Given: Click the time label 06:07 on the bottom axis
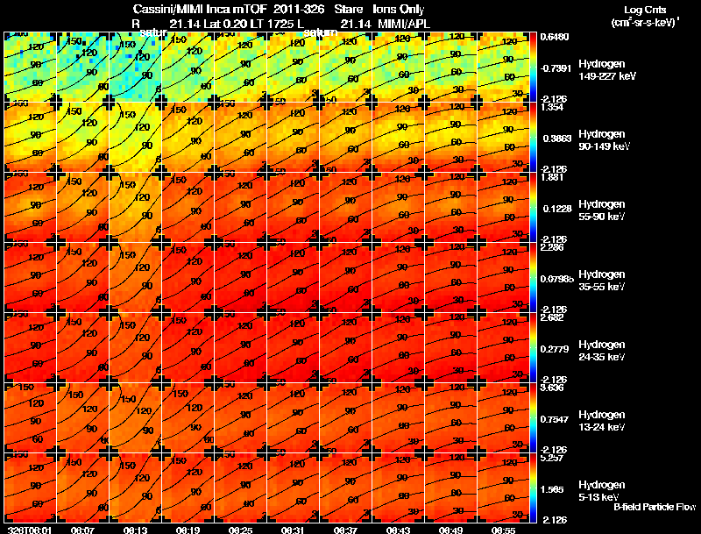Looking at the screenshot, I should pyautogui.click(x=82, y=530).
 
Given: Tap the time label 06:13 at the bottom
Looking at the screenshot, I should pyautogui.click(x=135, y=530).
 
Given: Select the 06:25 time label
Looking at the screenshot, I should pyautogui.click(x=240, y=530).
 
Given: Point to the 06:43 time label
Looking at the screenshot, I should pyautogui.click(x=398, y=530).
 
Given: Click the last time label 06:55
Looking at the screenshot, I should pyautogui.click(x=503, y=530).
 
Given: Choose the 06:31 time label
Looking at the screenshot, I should pyautogui.click(x=293, y=530).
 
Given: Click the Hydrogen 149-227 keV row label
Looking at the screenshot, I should pyautogui.click(x=601, y=70).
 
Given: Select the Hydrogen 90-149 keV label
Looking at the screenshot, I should pyautogui.click(x=601, y=140).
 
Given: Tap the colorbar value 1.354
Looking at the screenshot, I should pyautogui.click(x=552, y=107).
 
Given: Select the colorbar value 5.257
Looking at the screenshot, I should pyautogui.click(x=552, y=458).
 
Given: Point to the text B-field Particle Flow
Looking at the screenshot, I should pyautogui.click(x=655, y=507).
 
